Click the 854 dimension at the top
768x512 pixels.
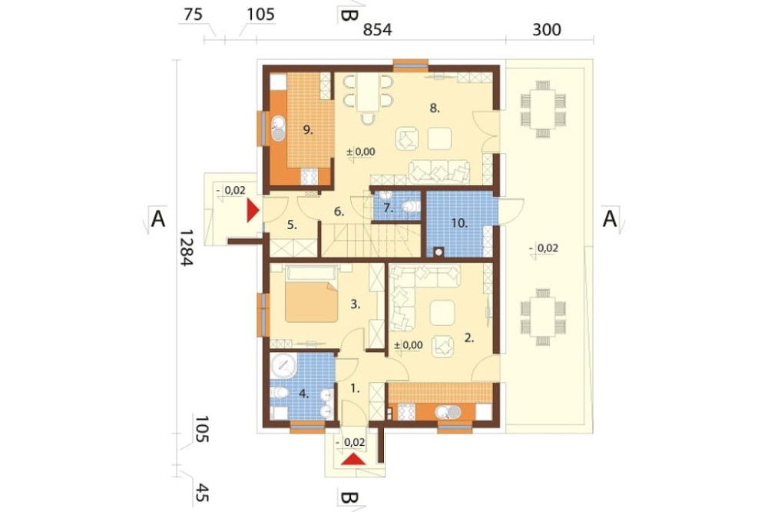377,29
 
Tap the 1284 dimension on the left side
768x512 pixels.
187,248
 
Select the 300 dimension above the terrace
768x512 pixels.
546,29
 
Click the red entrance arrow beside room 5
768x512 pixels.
253,211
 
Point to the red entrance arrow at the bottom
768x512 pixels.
353,460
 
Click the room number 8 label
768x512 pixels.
435,108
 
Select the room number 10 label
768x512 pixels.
459,224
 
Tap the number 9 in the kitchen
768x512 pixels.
308,130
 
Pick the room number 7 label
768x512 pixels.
388,208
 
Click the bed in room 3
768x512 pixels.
311,294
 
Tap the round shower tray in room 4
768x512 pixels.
283,365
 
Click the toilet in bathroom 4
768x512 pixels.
280,392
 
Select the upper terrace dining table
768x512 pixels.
543,109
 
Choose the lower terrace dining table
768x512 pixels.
543,318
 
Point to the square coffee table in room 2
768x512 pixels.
442,313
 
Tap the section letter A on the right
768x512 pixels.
609,219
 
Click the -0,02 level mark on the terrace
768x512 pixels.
545,248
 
